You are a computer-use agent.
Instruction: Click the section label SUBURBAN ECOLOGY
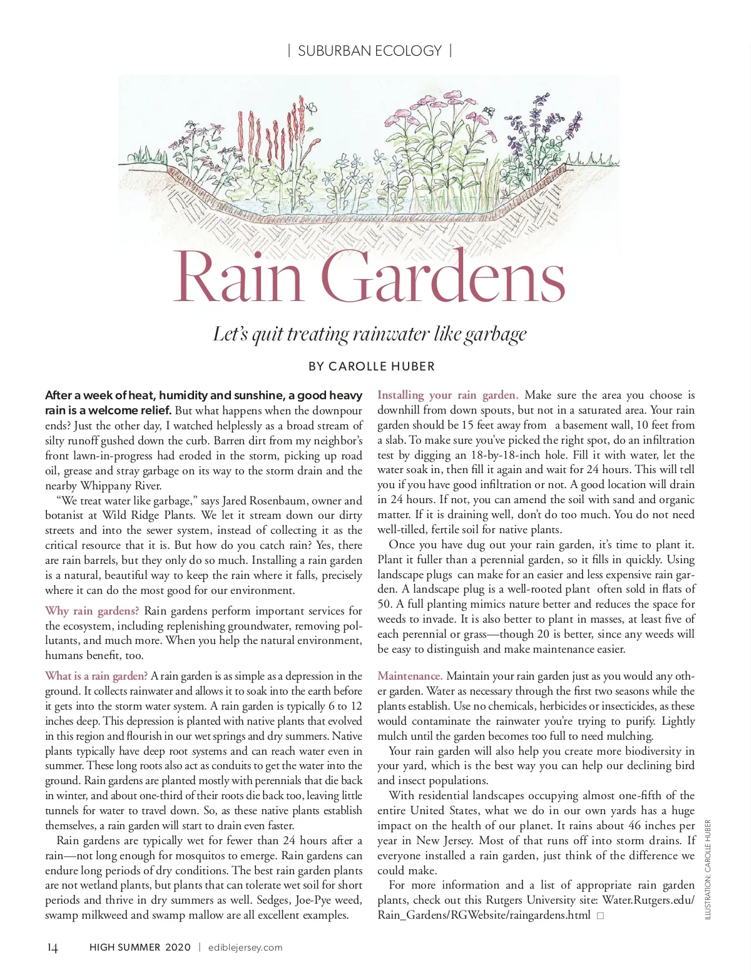pyautogui.click(x=369, y=51)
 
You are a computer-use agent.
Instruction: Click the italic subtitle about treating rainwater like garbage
pyautogui.click(x=369, y=334)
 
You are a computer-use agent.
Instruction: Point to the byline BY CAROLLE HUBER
pyautogui.click(x=371, y=367)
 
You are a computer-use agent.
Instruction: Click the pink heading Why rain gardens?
pyautogui.click(x=92, y=611)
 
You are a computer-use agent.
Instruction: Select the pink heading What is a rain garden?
pyautogui.click(x=96, y=676)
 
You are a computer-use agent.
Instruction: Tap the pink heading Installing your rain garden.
pyautogui.click(x=447, y=395)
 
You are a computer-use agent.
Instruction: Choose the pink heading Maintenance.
pyautogui.click(x=410, y=676)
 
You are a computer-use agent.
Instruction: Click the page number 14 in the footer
pyautogui.click(x=53, y=947)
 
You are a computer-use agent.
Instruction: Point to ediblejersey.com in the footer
pyautogui.click(x=245, y=947)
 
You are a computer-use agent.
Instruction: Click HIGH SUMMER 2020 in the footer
pyautogui.click(x=140, y=947)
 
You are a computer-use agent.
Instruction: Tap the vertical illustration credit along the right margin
pyautogui.click(x=708, y=870)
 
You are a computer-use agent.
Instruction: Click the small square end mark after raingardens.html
pyautogui.click(x=600, y=916)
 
